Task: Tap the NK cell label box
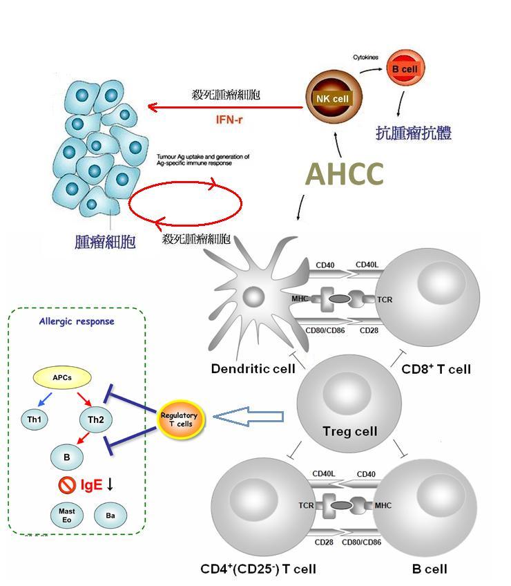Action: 331,99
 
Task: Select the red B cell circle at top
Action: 404,69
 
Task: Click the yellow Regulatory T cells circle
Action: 179,419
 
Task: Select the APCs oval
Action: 62,377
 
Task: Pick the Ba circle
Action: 110,516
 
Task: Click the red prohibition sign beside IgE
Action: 67,485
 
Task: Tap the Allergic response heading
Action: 77,321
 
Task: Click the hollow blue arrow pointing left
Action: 248,417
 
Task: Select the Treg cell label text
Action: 350,432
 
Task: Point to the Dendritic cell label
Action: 253,369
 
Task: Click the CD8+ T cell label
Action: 436,369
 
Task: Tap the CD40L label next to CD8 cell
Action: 367,264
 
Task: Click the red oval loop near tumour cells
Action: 186,203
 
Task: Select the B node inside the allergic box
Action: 67,457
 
